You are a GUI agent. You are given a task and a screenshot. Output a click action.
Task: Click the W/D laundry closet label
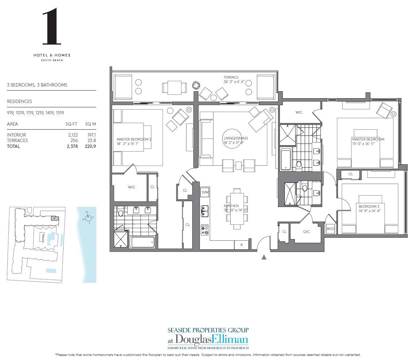[330, 229]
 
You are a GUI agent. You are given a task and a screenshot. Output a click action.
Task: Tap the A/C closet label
[306, 231]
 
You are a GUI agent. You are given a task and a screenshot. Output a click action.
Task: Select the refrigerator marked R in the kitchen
[241, 245]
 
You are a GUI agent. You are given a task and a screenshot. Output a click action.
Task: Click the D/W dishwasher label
[205, 192]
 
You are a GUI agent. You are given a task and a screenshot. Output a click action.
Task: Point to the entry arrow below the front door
[264, 257]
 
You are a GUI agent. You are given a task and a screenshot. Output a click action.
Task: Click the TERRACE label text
[231, 77]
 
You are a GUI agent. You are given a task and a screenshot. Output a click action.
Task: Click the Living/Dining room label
[235, 138]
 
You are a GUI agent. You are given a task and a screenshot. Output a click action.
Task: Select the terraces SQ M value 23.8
[91, 141]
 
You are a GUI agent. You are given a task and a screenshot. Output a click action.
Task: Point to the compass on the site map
[87, 218]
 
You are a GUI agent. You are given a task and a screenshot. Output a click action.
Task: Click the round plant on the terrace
[196, 85]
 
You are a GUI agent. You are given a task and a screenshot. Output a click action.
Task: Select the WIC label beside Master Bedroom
[299, 112]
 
